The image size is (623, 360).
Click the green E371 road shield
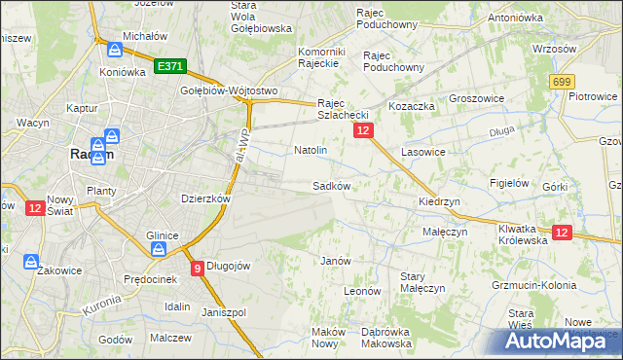(x=169, y=66)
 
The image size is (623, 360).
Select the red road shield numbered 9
(x=198, y=268)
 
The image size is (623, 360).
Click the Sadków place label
(x=331, y=185)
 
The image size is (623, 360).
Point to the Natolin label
(x=310, y=151)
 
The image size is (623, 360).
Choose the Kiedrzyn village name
(x=439, y=201)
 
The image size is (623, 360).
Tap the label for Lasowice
(x=422, y=153)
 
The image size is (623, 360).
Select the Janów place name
(x=336, y=261)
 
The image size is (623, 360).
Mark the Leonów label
(x=361, y=291)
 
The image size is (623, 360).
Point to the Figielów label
(x=509, y=183)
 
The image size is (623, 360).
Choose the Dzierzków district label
(x=205, y=198)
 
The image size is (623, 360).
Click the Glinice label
(x=162, y=234)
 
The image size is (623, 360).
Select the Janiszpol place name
(x=224, y=312)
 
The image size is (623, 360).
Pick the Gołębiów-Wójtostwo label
(x=230, y=90)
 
